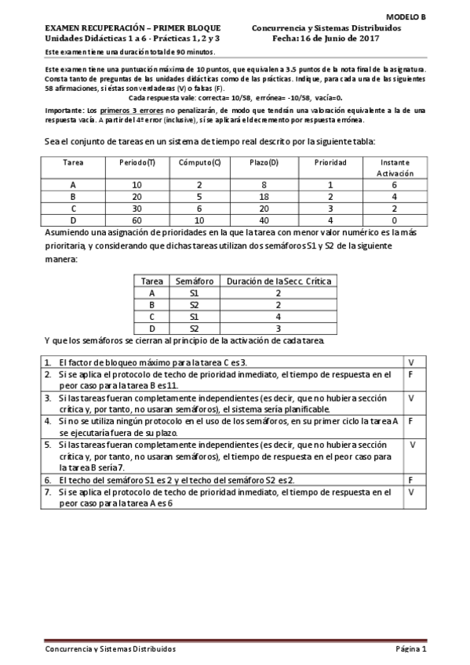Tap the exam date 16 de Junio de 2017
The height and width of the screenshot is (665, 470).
coord(363,38)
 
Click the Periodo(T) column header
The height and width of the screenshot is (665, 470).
coord(137,162)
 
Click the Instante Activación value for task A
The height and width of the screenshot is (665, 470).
coord(393,184)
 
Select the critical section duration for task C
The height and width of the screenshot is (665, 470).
coord(279,316)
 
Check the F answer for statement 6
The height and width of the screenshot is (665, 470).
coord(411,479)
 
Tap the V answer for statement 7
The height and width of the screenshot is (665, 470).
coord(411,492)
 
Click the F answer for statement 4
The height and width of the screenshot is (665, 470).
coord(411,421)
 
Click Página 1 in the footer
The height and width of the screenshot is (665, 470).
coord(410,649)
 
